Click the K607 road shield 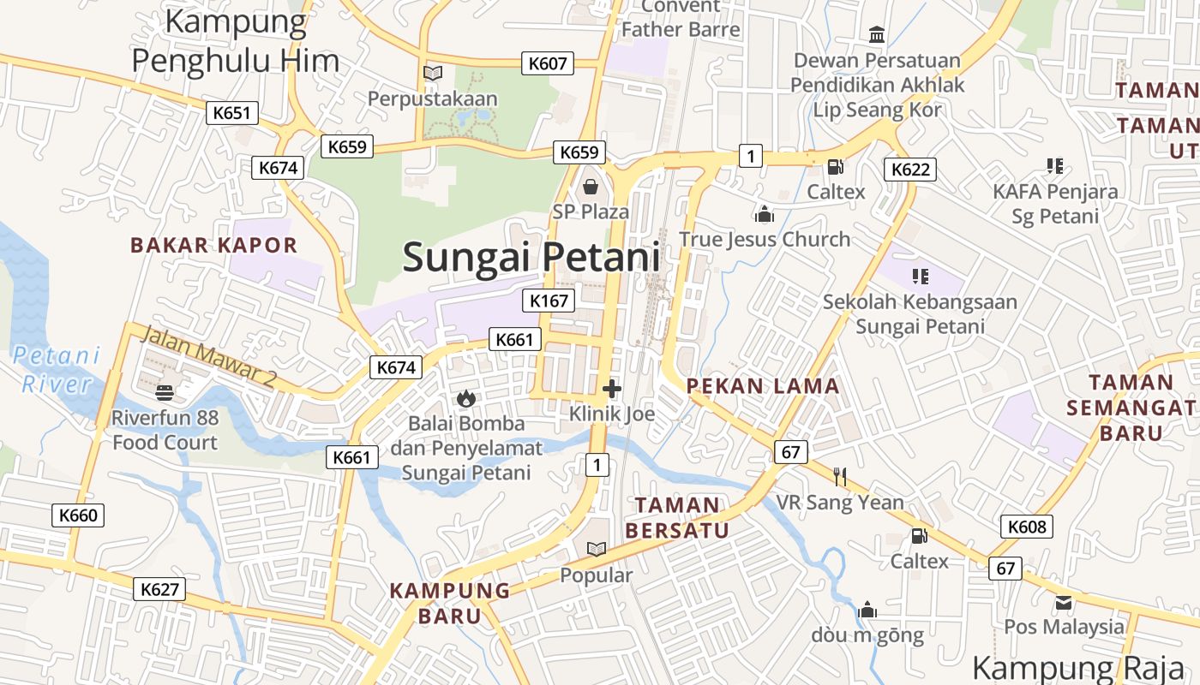click(x=548, y=63)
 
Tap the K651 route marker click(x=232, y=112)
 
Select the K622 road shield click(x=909, y=169)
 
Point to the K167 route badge click(x=549, y=301)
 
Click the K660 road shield click(x=79, y=515)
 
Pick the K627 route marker click(x=159, y=589)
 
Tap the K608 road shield click(x=1027, y=527)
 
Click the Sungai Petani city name click(x=531, y=257)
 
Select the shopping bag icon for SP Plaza click(x=591, y=186)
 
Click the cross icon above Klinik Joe click(x=612, y=390)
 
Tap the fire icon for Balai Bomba click(x=465, y=398)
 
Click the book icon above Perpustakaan click(x=433, y=74)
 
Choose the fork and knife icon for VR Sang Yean click(x=840, y=477)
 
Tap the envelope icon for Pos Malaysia click(x=1064, y=602)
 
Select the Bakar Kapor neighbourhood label click(x=213, y=245)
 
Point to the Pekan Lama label click(x=763, y=386)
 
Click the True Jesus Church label click(x=765, y=239)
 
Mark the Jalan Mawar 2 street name click(x=206, y=356)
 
